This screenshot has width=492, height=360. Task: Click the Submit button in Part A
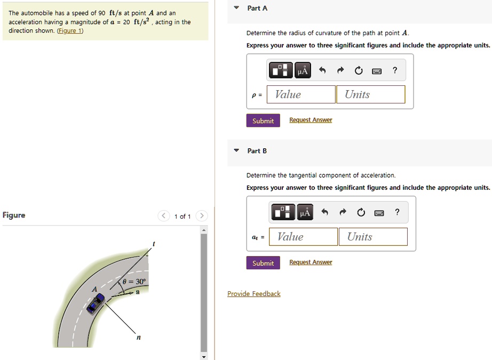263,121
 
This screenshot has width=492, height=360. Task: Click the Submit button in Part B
263,263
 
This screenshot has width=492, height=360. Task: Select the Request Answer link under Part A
310,120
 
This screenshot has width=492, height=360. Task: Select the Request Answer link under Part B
310,262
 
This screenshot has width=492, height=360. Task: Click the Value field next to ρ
301,94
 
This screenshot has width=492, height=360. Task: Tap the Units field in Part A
370,94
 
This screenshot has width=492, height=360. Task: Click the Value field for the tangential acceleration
303,237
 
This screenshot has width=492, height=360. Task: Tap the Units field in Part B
372,237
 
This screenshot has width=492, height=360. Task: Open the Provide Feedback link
253,294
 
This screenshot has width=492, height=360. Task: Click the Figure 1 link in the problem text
70,30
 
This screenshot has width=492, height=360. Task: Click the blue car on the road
96,305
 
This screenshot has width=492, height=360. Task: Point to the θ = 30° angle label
133,281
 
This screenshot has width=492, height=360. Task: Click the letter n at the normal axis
139,337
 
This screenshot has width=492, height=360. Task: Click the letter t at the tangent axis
154,243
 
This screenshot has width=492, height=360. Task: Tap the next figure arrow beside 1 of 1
201,216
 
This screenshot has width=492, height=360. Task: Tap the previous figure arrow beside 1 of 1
163,216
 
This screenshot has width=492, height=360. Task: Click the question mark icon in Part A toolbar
394,70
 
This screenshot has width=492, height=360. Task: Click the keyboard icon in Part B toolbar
379,213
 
